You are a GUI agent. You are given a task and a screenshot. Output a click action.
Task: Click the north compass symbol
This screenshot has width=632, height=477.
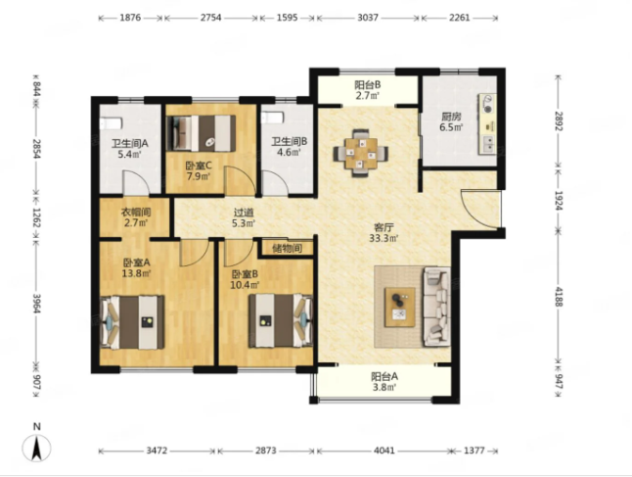36,448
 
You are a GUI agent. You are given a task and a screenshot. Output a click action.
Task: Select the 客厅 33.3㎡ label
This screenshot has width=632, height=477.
383,232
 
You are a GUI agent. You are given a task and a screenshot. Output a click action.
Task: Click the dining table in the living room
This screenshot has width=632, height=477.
361,153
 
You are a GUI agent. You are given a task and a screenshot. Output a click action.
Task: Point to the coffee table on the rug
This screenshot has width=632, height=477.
400,308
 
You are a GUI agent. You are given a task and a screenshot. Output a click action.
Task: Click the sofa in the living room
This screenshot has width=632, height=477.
436,307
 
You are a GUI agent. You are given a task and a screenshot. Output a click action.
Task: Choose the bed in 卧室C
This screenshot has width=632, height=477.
202,133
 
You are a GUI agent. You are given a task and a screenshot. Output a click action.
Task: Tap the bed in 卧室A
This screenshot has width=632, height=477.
132,322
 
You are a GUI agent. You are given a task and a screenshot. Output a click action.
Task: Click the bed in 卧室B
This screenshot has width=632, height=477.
281,321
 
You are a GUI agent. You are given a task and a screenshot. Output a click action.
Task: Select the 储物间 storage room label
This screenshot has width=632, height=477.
287,248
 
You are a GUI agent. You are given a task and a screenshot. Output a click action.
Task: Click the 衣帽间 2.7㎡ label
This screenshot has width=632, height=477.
136,217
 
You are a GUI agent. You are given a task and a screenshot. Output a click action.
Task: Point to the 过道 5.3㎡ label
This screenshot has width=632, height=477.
245,217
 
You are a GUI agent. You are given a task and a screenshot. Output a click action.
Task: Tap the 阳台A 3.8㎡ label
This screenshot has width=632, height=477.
384,382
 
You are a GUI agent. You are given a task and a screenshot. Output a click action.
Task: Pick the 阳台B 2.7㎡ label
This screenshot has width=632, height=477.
368,90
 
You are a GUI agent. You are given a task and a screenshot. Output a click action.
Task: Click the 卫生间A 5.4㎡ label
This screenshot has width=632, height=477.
130,149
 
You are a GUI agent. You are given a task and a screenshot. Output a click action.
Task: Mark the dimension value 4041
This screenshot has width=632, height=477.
384,450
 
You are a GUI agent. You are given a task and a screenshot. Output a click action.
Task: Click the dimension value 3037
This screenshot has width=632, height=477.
368,18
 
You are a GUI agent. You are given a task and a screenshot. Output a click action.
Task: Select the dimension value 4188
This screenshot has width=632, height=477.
559,297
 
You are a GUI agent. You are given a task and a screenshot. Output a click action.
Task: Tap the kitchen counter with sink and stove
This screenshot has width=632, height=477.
487,124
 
